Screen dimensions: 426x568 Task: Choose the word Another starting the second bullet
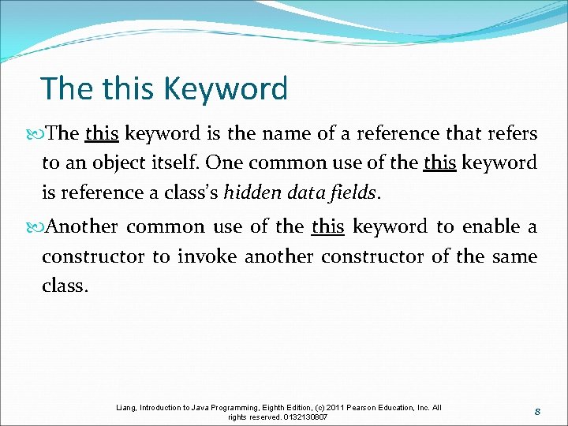pos(82,227)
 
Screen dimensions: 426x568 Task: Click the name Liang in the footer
pos(126,408)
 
